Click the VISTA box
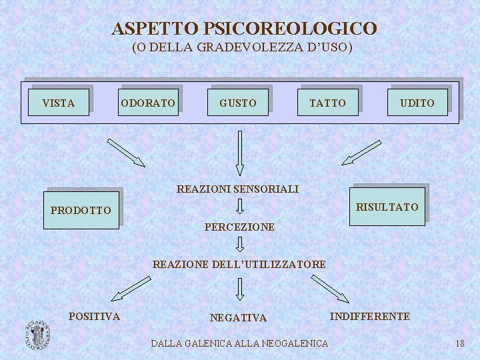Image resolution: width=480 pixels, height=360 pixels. [59, 103]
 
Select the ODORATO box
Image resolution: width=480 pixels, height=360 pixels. [148, 103]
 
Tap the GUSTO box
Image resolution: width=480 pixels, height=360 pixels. [238, 103]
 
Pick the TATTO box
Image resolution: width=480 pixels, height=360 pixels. [328, 103]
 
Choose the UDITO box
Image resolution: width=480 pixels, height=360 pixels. [417, 103]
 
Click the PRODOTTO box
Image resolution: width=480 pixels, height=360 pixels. [81, 210]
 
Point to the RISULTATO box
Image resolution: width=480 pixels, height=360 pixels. [387, 207]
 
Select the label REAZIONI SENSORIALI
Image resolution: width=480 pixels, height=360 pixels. [237, 189]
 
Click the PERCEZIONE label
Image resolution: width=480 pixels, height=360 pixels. [239, 227]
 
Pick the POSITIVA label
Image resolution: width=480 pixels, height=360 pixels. [95, 316]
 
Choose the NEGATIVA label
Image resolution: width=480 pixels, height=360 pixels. [238, 318]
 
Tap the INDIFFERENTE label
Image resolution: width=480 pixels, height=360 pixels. [370, 316]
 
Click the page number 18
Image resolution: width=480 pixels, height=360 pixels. [459, 343]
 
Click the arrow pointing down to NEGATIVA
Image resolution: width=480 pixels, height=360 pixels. [240, 289]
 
